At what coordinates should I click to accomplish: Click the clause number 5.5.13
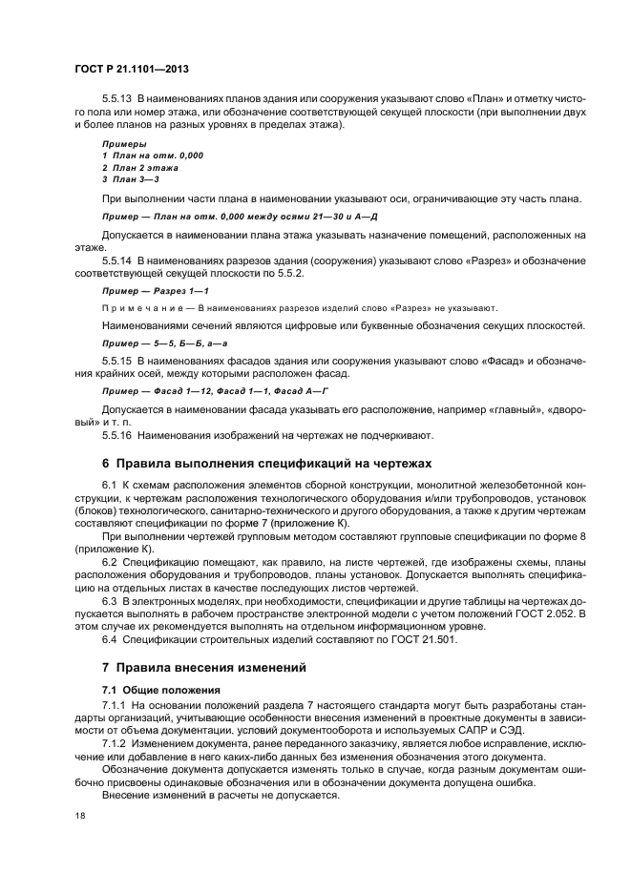point(117,99)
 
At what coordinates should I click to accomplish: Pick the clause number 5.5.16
point(117,435)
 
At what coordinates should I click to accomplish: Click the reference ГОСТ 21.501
point(416,639)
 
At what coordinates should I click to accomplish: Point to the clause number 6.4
point(110,639)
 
